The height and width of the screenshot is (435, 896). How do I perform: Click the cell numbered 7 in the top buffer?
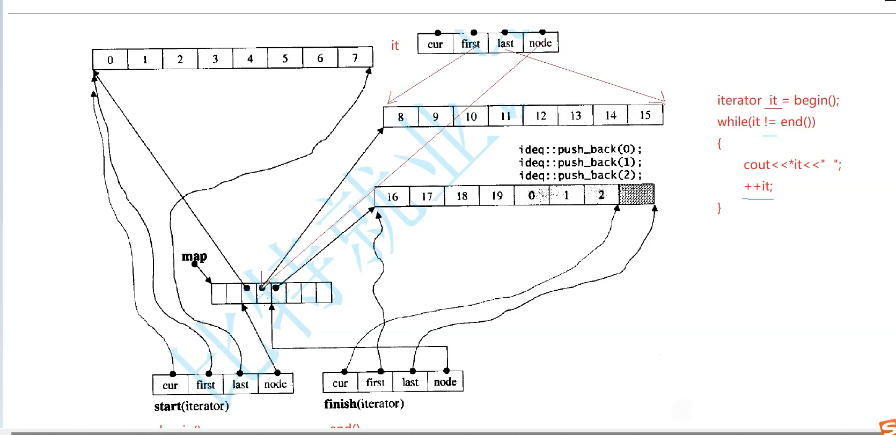[x=355, y=58]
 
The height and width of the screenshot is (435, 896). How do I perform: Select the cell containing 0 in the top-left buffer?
[x=110, y=60]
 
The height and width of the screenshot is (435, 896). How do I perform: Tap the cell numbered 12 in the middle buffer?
[x=540, y=116]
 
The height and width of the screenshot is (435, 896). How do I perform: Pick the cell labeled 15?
[x=645, y=115]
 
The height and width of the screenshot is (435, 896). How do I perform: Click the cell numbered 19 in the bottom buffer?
[x=497, y=196]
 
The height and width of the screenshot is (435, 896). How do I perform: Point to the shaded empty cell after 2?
[x=636, y=194]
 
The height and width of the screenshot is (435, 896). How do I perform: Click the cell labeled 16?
[x=392, y=197]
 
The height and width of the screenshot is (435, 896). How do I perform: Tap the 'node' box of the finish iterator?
[x=445, y=382]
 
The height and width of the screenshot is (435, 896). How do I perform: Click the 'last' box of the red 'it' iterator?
[x=505, y=43]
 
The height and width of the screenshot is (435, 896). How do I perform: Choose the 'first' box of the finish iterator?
[x=375, y=382]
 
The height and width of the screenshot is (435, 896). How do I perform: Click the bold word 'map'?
[x=194, y=257]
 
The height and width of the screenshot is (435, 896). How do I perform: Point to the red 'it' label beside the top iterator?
[x=395, y=46]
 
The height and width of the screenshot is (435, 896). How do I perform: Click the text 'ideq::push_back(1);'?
[x=580, y=162]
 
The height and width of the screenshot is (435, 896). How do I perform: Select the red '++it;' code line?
[x=758, y=187]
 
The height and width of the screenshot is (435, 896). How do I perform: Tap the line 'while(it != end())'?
[x=766, y=122]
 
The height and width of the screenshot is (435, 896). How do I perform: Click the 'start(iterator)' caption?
[x=192, y=406]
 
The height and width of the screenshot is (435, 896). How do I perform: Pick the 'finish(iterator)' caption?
[x=364, y=404]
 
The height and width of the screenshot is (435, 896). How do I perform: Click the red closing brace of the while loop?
[x=719, y=208]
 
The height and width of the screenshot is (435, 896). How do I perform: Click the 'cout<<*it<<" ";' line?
[x=792, y=165]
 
